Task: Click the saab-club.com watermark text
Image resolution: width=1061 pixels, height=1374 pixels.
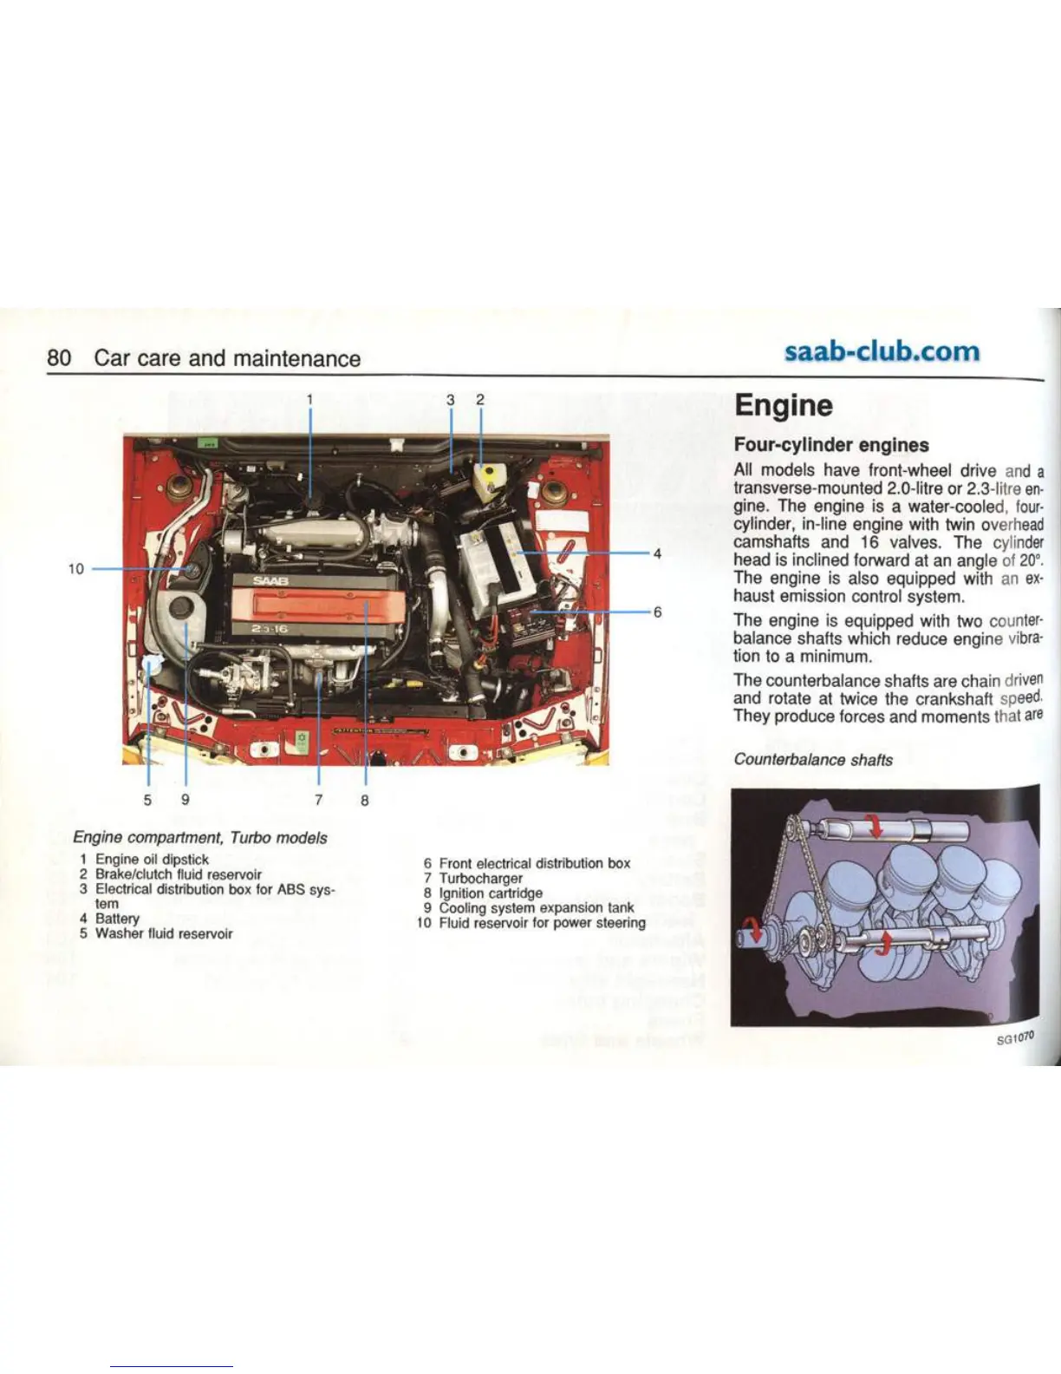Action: (881, 352)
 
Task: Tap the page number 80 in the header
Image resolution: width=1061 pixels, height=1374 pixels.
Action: (58, 358)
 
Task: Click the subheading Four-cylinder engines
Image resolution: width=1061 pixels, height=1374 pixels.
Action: (830, 445)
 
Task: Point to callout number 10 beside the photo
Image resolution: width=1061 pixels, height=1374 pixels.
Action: (75, 569)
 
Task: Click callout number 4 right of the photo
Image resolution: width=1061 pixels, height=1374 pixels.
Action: (658, 553)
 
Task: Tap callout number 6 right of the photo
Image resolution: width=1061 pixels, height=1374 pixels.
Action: (658, 612)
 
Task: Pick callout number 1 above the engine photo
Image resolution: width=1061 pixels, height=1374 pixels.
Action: (309, 400)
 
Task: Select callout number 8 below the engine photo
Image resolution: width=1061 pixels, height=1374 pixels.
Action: (365, 800)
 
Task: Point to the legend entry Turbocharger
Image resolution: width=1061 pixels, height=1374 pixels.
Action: (480, 878)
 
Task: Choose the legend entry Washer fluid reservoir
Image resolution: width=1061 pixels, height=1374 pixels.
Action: (163, 934)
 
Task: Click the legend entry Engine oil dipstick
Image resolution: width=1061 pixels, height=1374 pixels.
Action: (152, 859)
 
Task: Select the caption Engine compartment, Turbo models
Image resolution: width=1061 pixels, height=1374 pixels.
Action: (200, 838)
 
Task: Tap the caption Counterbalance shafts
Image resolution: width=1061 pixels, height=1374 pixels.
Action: (812, 760)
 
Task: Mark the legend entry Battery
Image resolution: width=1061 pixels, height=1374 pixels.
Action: (117, 919)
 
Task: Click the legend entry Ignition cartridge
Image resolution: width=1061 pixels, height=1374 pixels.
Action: (490, 893)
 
